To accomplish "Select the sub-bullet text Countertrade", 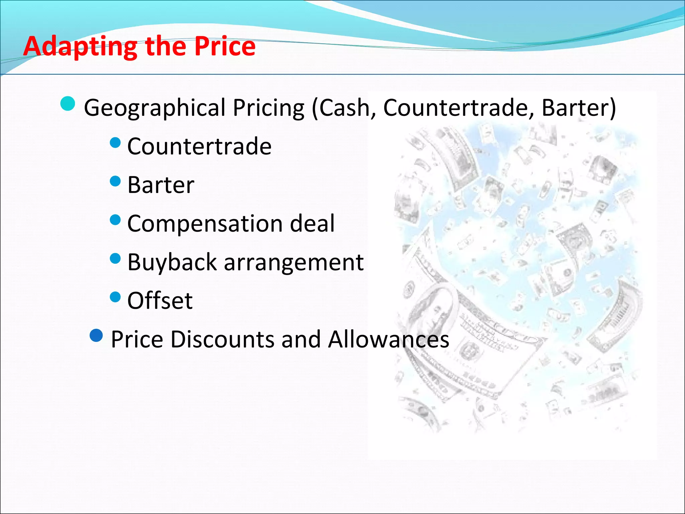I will pyautogui.click(x=199, y=146).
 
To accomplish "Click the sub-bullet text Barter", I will pyautogui.click(x=161, y=185).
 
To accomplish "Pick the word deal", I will pyautogui.click(x=312, y=223).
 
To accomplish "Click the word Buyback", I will pyautogui.click(x=172, y=262).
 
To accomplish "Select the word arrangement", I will pyautogui.click(x=294, y=263).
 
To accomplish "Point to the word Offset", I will pyautogui.click(x=160, y=301).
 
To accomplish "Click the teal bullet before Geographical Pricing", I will pyautogui.click(x=68, y=103).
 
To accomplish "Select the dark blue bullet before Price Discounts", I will pyautogui.click(x=96, y=335).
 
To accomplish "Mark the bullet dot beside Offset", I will pyautogui.click(x=115, y=297).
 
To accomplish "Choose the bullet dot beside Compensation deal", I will pyautogui.click(x=115, y=220).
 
